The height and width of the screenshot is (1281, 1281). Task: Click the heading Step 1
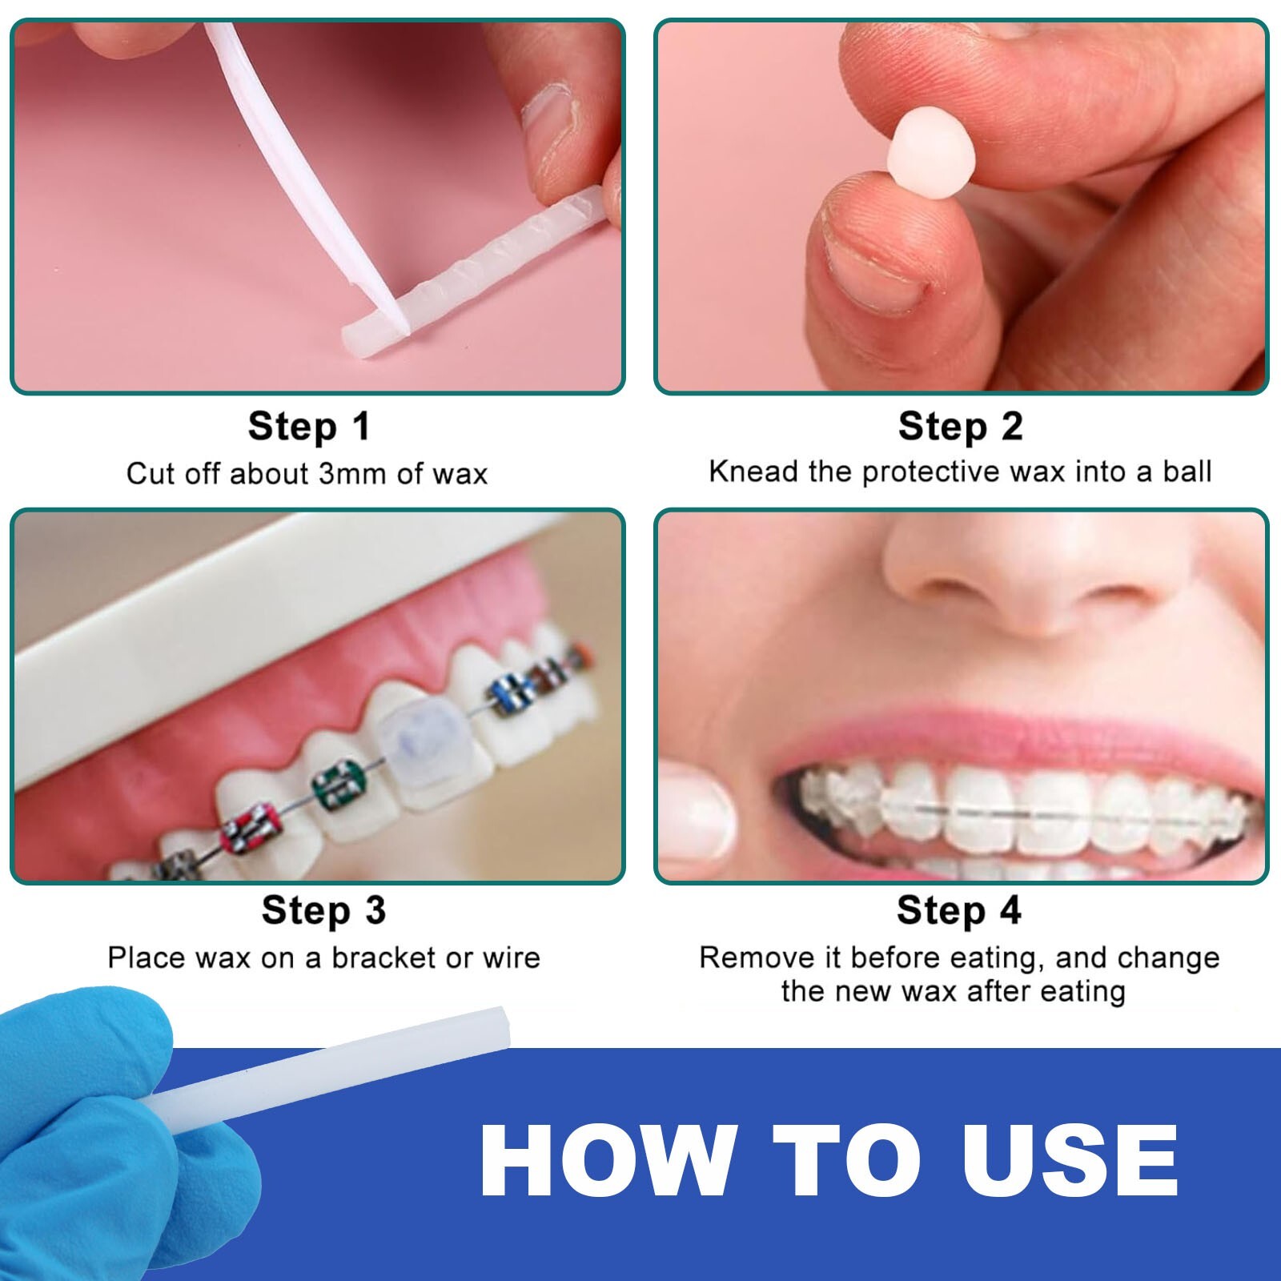[309, 426]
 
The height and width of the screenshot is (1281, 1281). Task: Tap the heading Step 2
[960, 426]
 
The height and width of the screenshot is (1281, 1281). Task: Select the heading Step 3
[323, 910]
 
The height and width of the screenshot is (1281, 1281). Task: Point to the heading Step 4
[958, 910]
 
